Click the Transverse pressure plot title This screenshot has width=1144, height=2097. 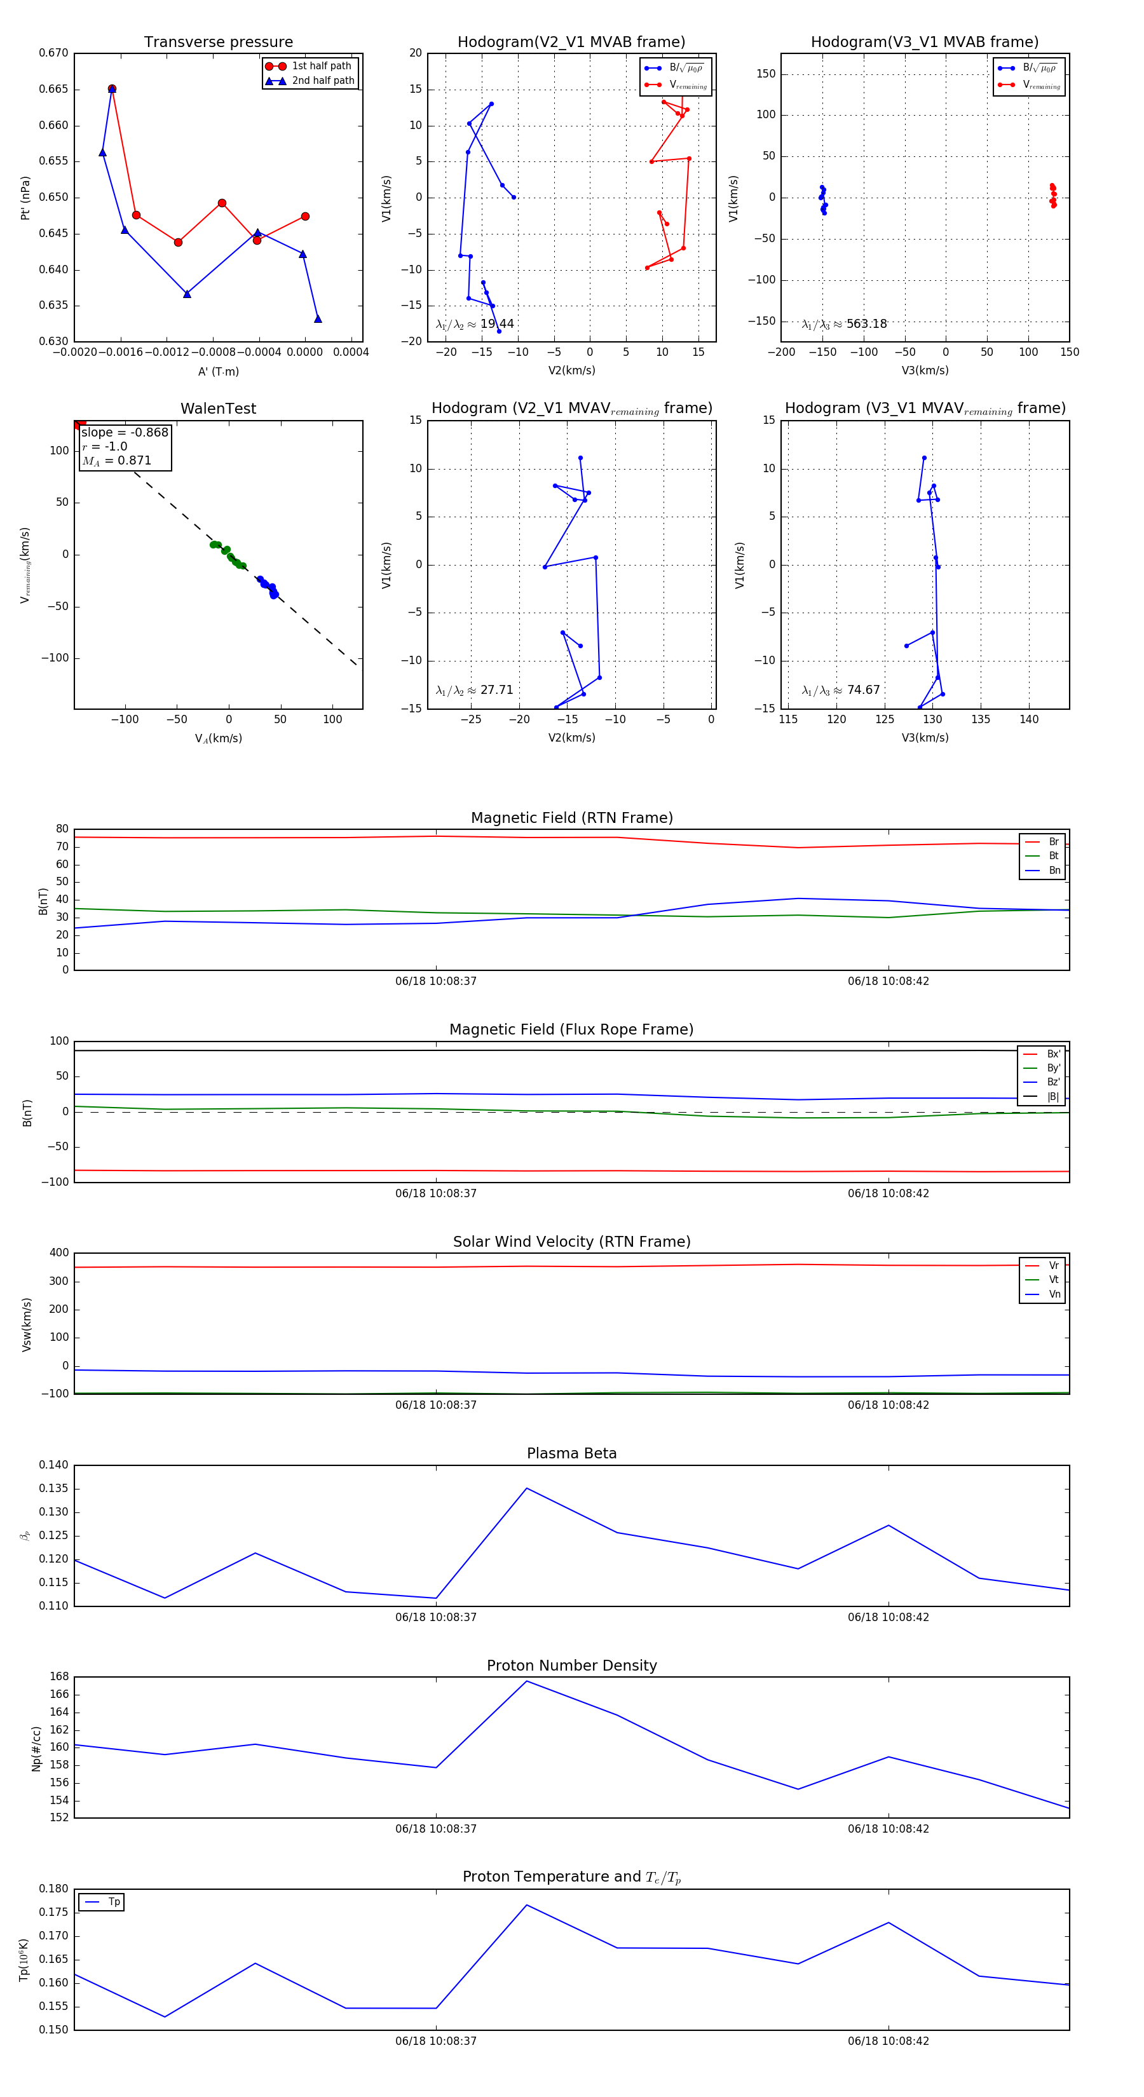pos(218,43)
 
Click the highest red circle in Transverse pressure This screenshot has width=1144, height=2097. pos(112,89)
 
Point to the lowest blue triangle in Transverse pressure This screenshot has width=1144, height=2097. pos(318,319)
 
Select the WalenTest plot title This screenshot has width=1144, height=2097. pos(218,409)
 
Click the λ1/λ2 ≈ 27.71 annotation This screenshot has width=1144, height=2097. pos(475,690)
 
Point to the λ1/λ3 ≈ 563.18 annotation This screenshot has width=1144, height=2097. pos(845,324)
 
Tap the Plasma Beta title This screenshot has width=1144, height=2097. pos(571,1453)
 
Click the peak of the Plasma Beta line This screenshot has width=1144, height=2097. pos(527,1488)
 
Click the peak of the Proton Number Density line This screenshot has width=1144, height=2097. pos(527,1681)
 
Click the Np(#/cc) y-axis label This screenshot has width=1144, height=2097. pos(36,1747)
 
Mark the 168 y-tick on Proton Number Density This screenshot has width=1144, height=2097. pos(60,1676)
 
